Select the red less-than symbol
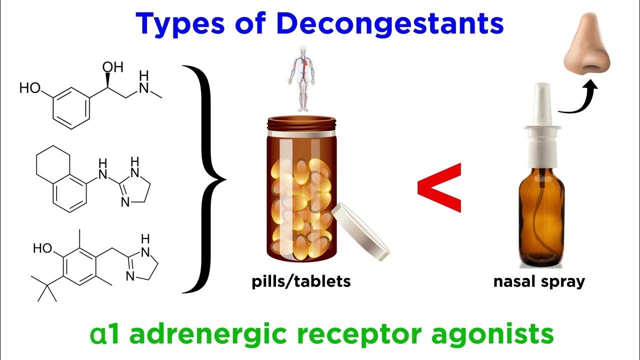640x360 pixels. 439,186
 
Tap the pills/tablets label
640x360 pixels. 300,281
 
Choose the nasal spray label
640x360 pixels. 539,281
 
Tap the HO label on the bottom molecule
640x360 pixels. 43,248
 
